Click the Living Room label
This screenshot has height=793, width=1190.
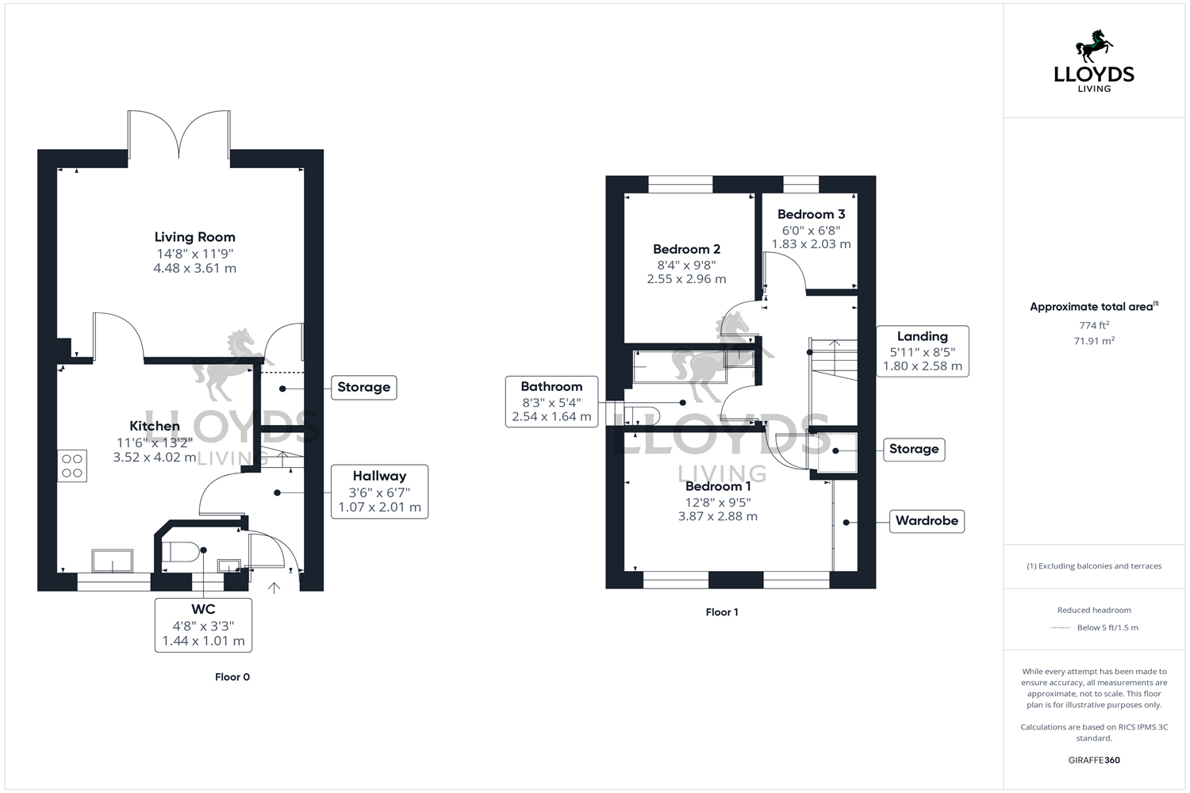pos(194,237)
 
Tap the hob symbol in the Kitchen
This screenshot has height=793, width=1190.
pos(72,466)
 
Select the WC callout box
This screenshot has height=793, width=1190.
pos(203,625)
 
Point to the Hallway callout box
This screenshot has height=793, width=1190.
pos(379,492)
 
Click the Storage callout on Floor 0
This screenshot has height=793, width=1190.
pos(363,387)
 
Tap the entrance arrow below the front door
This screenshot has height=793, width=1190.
pos(274,588)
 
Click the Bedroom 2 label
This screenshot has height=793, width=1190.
pos(686,249)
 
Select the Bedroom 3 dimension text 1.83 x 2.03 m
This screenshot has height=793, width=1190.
pos(811,244)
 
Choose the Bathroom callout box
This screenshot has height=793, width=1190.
pos(551,401)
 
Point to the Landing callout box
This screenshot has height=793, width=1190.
pos(922,351)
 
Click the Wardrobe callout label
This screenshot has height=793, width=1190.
pos(927,521)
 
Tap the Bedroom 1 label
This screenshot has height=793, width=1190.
pos(718,486)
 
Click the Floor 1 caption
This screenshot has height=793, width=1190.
pos(722,612)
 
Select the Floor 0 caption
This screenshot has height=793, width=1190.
pos(232,677)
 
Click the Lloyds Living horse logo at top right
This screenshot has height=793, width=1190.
pos(1094,48)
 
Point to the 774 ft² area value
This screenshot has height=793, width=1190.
pos(1094,325)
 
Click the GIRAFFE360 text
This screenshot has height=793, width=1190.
pos(1094,760)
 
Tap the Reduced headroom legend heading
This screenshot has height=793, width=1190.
pos(1094,610)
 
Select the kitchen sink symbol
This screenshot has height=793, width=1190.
pos(113,560)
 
